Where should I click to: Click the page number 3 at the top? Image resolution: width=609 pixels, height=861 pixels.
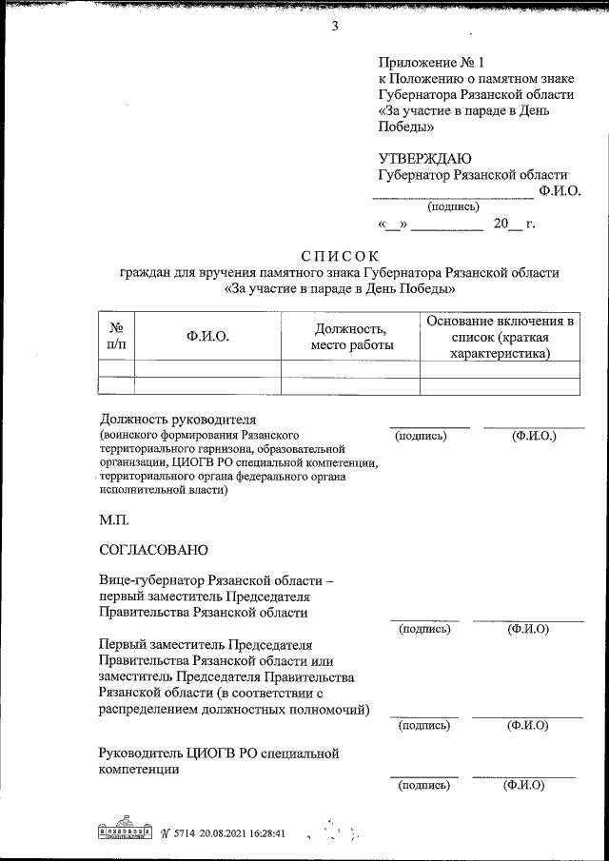click(334, 26)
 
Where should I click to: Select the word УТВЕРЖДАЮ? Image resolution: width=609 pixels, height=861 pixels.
click(424, 158)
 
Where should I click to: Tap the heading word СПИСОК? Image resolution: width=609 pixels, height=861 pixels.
click(339, 255)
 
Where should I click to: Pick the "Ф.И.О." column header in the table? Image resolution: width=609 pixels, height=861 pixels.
click(207, 336)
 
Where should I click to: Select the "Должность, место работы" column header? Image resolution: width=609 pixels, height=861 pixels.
click(351, 336)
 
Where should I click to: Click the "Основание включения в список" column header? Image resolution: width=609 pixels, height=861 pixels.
click(500, 336)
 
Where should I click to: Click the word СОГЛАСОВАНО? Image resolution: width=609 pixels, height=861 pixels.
click(152, 550)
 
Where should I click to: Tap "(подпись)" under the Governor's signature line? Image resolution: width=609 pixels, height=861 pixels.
click(454, 205)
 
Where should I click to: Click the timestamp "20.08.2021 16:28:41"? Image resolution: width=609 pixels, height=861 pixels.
click(235, 832)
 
